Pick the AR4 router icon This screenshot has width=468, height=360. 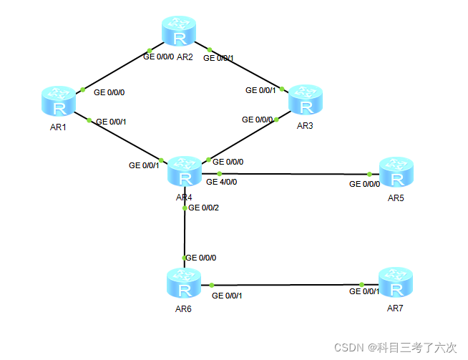click(x=185, y=170)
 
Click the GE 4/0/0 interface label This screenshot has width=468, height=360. click(x=221, y=182)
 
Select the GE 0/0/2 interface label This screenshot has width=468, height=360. click(x=204, y=208)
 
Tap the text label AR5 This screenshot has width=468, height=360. click(x=396, y=197)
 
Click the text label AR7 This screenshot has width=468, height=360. click(x=396, y=308)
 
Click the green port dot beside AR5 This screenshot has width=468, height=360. click(x=369, y=174)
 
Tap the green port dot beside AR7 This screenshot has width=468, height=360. click(x=362, y=284)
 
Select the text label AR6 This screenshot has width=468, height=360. click(x=184, y=308)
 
